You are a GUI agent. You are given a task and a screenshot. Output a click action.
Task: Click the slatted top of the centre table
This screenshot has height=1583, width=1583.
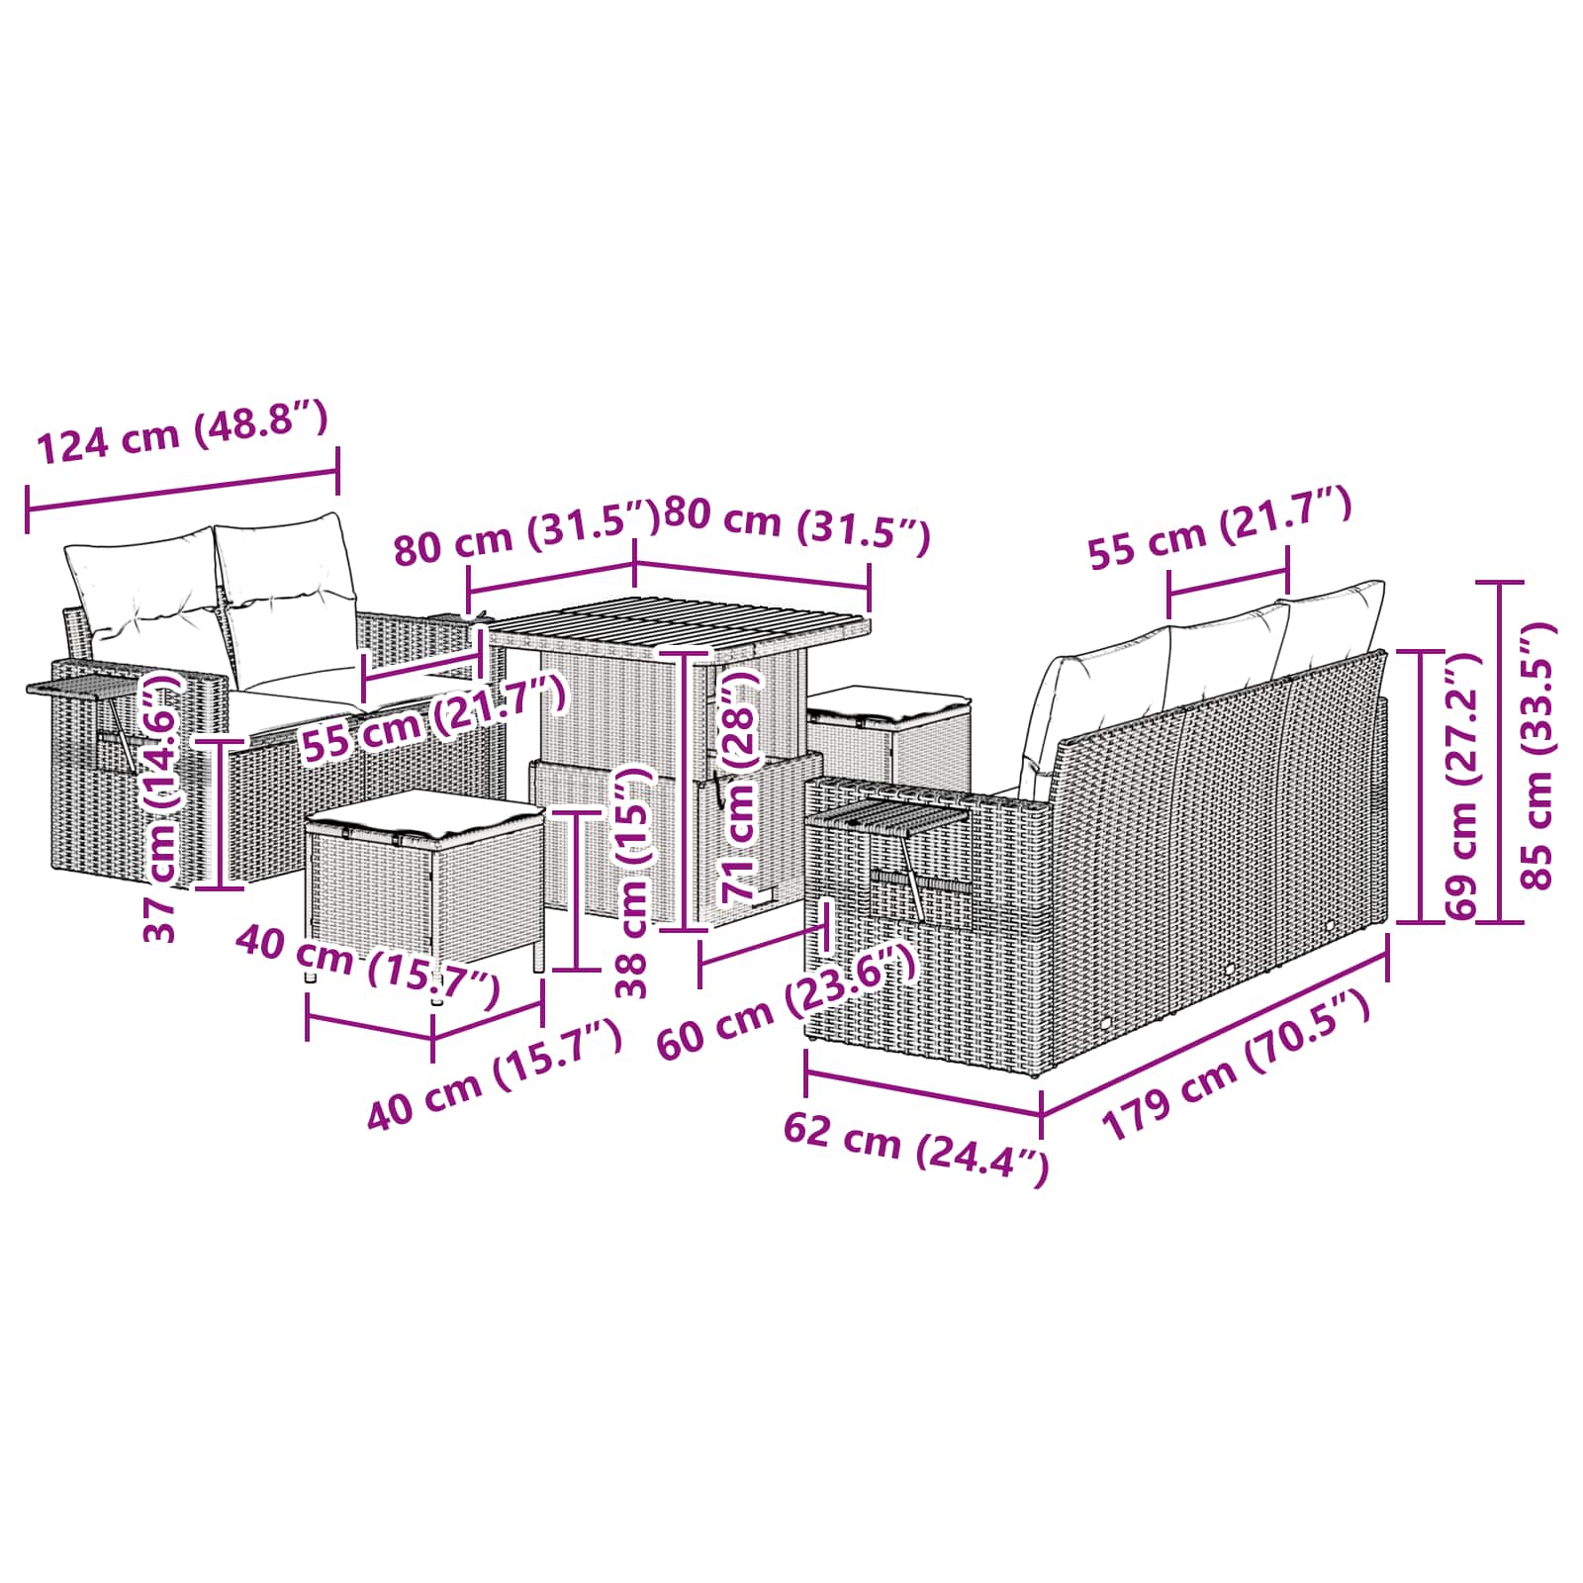(x=681, y=627)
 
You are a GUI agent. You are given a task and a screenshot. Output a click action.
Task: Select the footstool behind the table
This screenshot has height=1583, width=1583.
(x=888, y=731)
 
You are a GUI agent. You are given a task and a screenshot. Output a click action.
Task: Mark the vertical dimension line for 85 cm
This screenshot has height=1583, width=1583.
(x=1501, y=752)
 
